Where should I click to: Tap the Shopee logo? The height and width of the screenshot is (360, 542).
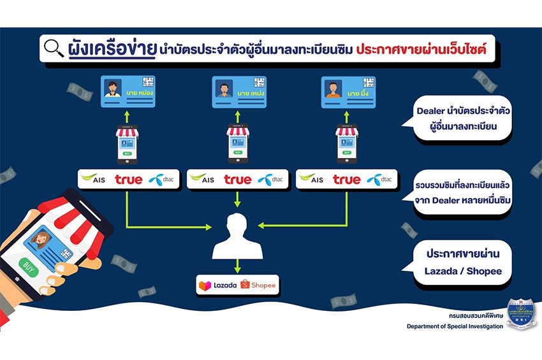[x=259, y=285]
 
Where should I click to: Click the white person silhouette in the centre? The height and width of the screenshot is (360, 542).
[x=237, y=236]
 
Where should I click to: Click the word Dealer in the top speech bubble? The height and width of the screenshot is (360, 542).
[x=430, y=110]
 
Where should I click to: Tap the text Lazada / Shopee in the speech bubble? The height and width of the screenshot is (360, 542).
[x=462, y=271]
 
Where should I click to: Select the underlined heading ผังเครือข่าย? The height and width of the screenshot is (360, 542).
[x=112, y=48]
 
